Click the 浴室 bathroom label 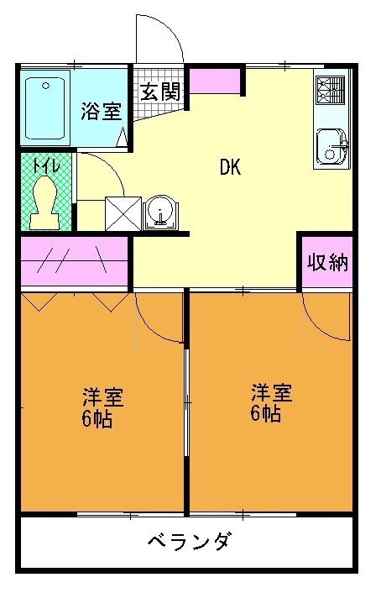tap(101, 113)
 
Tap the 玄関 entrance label tap(159, 92)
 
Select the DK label tap(230, 167)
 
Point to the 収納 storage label tap(326, 263)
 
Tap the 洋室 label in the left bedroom tap(102, 395)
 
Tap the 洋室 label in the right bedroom tap(270, 391)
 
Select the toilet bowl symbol tap(44, 202)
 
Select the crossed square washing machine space tap(121, 213)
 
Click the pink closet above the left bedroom tap(74, 261)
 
